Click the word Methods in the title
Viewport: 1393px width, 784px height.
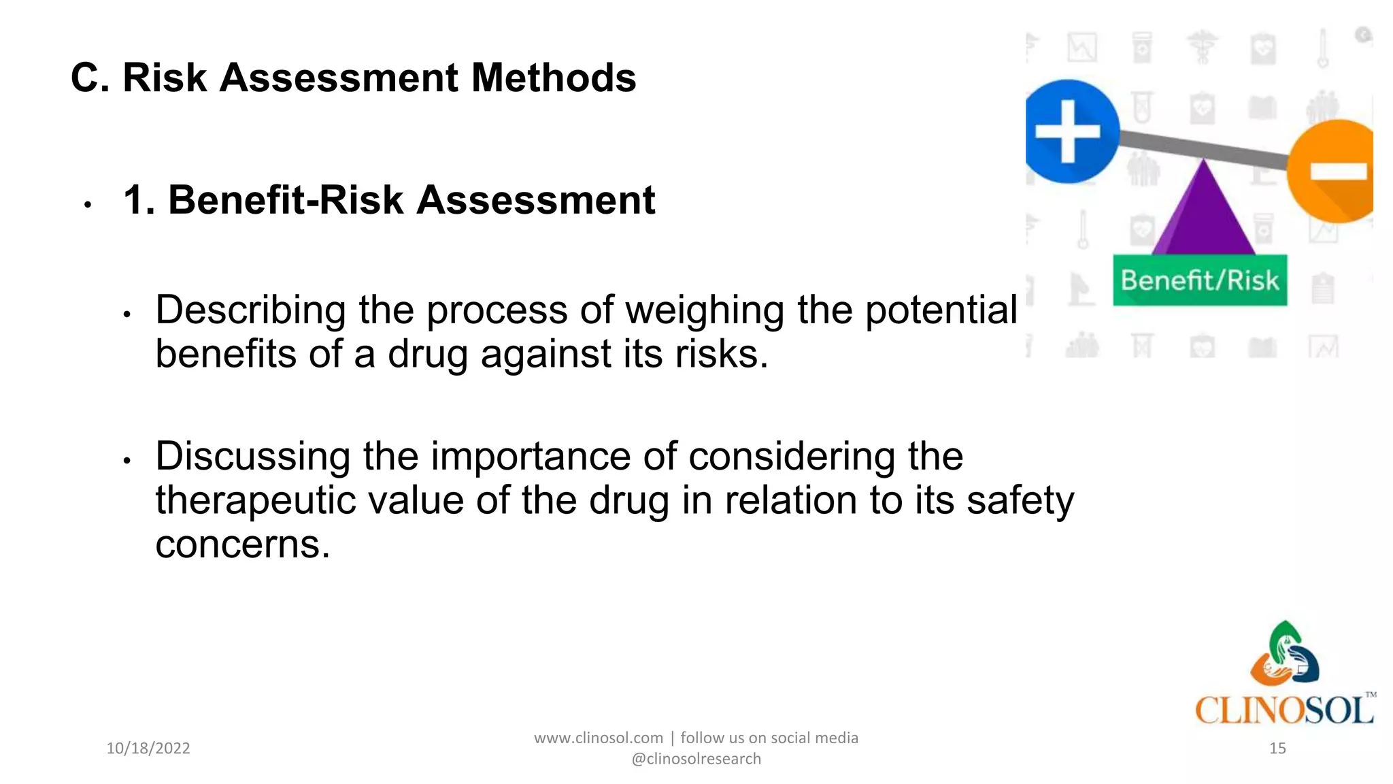coord(553,78)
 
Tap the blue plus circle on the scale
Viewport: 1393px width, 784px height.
coord(1070,131)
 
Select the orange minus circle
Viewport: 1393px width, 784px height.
coord(1335,171)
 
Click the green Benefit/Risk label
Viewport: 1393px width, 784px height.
coord(1200,280)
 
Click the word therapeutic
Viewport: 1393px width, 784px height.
coord(256,501)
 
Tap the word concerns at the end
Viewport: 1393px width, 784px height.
coord(242,544)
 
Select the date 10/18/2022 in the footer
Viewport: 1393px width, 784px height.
coord(148,749)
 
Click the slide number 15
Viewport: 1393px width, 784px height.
coord(1277,749)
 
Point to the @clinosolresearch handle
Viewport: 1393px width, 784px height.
coord(696,759)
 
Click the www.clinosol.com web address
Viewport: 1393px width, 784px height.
coord(598,738)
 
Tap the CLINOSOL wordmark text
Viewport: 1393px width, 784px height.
coord(1283,710)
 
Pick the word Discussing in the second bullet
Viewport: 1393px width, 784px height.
coord(252,456)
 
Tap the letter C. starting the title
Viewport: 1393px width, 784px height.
coord(90,78)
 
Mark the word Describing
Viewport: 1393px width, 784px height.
coord(250,310)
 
